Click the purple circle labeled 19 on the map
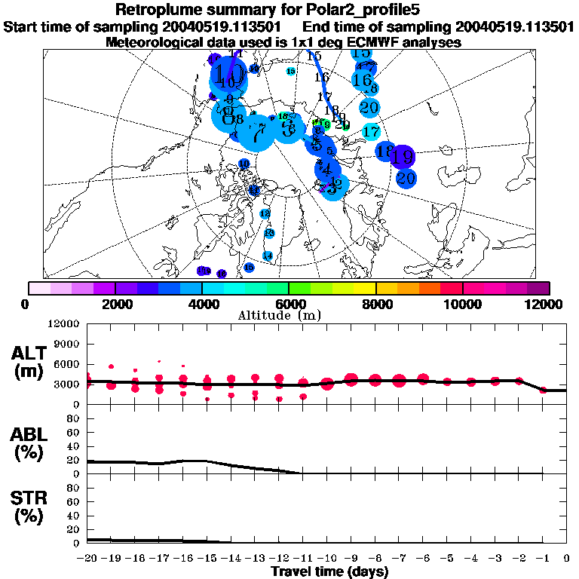pyautogui.click(x=403, y=158)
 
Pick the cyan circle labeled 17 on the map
pyautogui.click(x=370, y=132)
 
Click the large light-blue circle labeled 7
pyautogui.click(x=258, y=135)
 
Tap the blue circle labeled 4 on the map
pyautogui.click(x=326, y=169)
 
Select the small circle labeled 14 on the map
pyautogui.click(x=267, y=256)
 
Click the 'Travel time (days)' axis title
pyautogui.click(x=329, y=571)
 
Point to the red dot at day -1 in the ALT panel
pyautogui.click(x=543, y=390)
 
